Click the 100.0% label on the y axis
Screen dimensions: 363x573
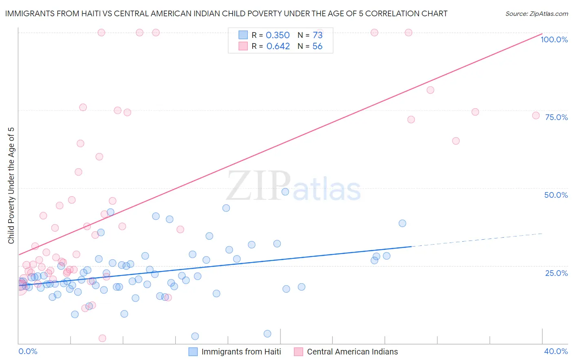(554, 39)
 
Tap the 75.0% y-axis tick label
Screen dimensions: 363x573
(556, 117)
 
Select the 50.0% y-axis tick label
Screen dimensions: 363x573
(556, 195)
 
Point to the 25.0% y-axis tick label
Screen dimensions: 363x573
(556, 273)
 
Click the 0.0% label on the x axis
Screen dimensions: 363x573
(28, 351)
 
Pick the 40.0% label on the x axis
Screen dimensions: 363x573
(555, 351)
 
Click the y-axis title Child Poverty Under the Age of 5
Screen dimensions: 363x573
(11, 186)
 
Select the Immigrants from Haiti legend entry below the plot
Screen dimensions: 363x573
(241, 352)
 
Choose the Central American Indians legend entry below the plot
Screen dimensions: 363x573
(352, 352)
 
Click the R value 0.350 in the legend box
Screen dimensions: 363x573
(278, 35)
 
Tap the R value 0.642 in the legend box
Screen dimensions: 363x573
(278, 46)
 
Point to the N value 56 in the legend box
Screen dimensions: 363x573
(317, 46)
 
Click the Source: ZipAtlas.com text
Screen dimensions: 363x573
(536, 13)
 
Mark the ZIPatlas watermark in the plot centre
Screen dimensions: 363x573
(293, 186)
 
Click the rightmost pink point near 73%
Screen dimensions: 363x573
(536, 116)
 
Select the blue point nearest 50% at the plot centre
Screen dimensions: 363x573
(285, 192)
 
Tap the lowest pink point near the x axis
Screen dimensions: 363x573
(102, 338)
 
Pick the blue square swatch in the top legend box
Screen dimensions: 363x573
(243, 35)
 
